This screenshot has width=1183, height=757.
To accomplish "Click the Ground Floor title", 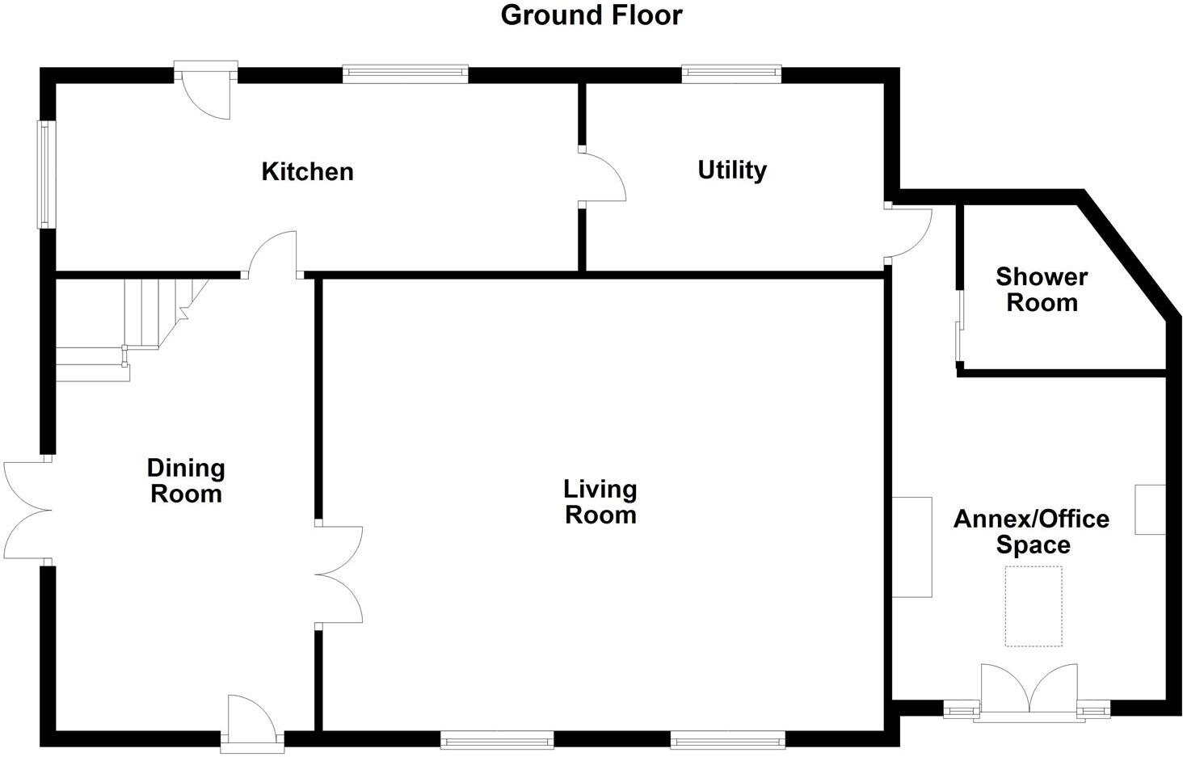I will pyautogui.click(x=591, y=15).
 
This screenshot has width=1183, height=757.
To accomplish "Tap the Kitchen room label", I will pyautogui.click(x=307, y=171).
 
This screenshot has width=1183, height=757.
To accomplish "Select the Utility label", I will pyautogui.click(x=732, y=170).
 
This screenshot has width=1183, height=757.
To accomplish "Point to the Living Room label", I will pyautogui.click(x=600, y=502).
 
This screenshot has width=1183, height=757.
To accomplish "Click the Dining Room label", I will pyautogui.click(x=186, y=481).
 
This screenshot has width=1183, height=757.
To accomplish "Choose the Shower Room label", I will pyautogui.click(x=1042, y=289).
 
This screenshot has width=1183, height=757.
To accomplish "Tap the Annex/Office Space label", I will pyautogui.click(x=1032, y=531).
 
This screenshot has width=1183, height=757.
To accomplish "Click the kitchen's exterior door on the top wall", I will pyautogui.click(x=206, y=90).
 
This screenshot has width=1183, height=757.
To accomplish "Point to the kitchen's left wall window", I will pyautogui.click(x=45, y=174).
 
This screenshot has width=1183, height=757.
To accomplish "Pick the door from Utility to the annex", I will pyautogui.click(x=908, y=233).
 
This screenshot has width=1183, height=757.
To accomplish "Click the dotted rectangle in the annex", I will pyautogui.click(x=1033, y=606).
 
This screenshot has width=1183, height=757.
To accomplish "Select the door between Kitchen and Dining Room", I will pyautogui.click(x=273, y=254).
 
